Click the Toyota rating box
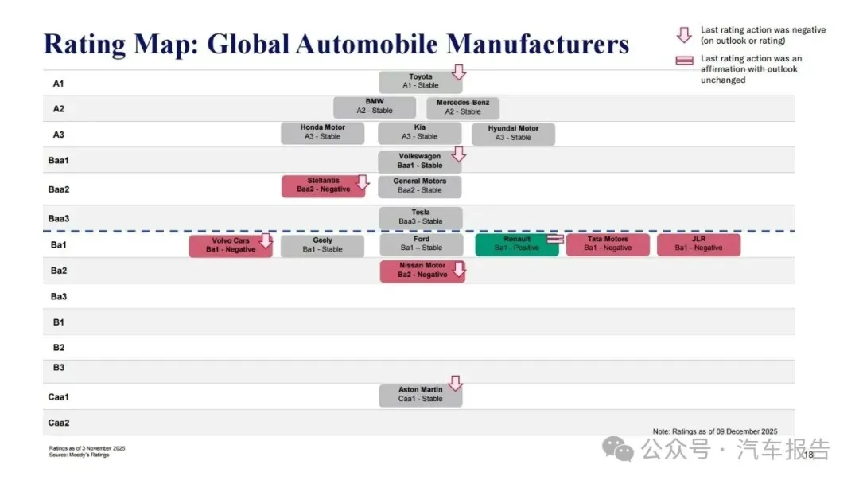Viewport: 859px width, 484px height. [420, 81]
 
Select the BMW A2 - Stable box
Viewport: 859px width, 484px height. [374, 107]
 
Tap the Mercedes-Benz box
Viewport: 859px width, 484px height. [462, 107]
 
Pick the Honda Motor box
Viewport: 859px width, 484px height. [322, 133]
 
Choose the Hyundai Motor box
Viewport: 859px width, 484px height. [513, 133]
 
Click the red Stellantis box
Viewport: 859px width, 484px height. [323, 185]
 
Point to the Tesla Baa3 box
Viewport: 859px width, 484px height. [420, 217]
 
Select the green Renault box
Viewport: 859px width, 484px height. [516, 244]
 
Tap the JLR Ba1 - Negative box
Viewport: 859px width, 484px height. [698, 244]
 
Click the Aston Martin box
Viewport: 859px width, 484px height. [420, 395]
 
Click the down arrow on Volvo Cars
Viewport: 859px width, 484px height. [266, 240]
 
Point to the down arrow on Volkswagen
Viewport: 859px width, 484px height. [458, 154]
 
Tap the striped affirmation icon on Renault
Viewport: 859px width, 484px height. [555, 238]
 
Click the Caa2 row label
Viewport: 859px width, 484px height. [59, 423]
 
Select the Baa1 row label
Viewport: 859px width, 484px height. [59, 160]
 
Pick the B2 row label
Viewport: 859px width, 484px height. [59, 347]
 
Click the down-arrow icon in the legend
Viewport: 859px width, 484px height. [683, 35]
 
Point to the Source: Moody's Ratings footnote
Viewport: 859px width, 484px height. [80, 455]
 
